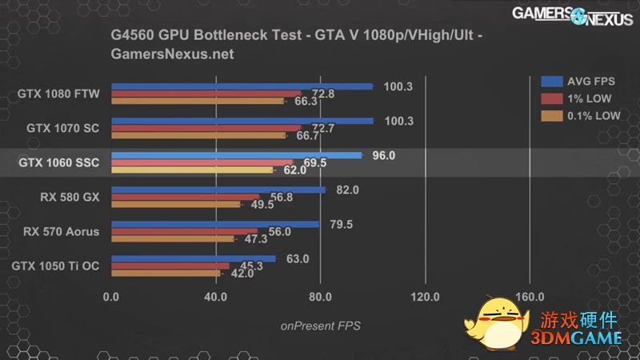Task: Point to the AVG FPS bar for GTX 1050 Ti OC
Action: coord(193,258)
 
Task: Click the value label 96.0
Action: coord(384,156)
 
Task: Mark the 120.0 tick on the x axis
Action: coord(425,297)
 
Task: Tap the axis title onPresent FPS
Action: coord(320,326)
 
